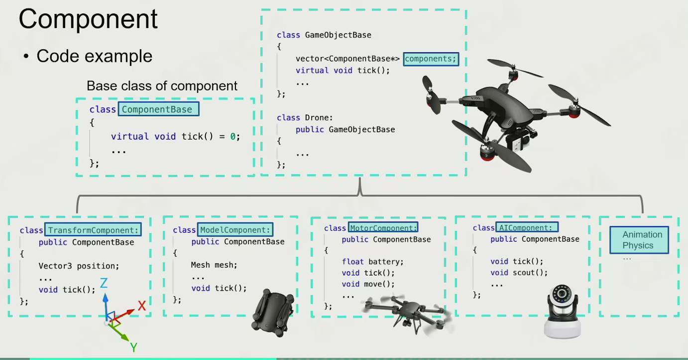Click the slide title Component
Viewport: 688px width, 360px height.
(88, 19)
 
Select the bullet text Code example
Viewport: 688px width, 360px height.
(94, 56)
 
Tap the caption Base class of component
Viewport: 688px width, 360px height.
(162, 86)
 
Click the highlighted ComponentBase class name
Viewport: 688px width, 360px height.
(158, 109)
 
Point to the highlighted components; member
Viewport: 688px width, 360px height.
(430, 59)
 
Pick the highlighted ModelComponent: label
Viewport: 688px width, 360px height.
(235, 230)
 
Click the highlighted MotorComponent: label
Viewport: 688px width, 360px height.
(383, 228)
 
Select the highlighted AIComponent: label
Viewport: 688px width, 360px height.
(527, 228)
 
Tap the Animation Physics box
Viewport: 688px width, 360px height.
(639, 240)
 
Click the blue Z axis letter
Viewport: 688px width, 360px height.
(104, 283)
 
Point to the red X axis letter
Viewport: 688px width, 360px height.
(142, 306)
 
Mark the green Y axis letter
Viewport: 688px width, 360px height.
(133, 347)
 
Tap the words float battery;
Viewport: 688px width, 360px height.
(372, 261)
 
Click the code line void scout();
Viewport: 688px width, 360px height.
(519, 272)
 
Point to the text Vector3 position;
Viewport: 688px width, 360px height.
(79, 265)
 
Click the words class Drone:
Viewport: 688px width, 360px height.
(304, 118)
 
